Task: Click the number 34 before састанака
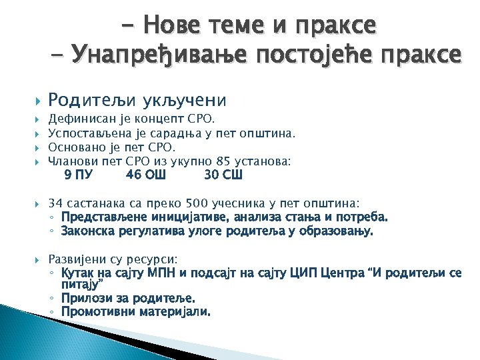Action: click(56, 203)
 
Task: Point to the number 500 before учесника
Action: click(198, 203)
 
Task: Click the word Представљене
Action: click(101, 217)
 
